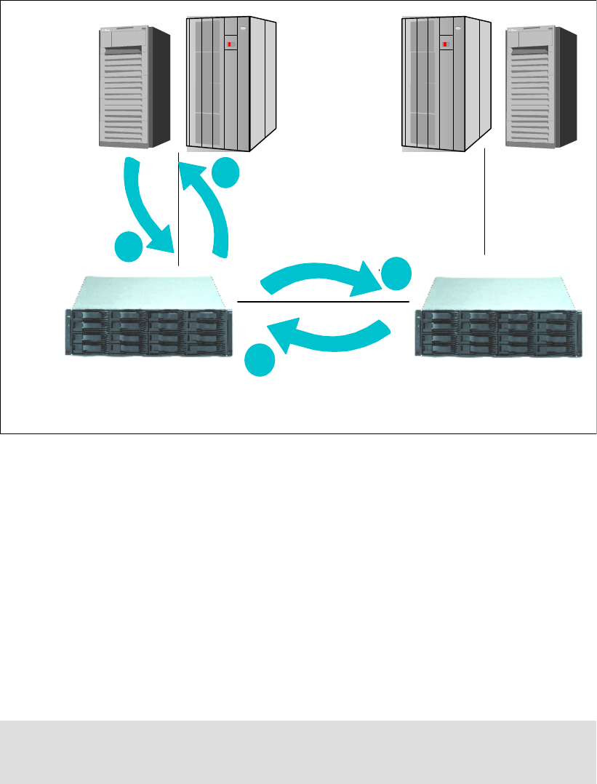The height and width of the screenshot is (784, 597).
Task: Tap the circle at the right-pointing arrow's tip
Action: pos(396,274)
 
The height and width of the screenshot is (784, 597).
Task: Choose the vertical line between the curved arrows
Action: pos(178,211)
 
